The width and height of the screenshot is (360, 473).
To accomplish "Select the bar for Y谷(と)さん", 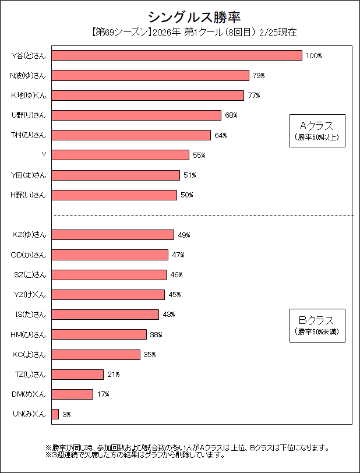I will click(x=177, y=55).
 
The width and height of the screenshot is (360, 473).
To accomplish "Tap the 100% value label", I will click(x=313, y=56).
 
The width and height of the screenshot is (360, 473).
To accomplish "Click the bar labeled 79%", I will click(x=150, y=75).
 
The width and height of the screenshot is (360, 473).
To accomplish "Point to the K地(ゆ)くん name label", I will click(x=29, y=95).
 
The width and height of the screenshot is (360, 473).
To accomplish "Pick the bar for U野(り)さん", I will click(x=136, y=115).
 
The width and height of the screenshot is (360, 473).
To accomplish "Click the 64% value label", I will click(x=220, y=135).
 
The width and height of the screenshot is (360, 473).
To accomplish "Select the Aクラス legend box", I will click(x=317, y=130).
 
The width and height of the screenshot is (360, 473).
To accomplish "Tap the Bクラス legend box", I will click(x=317, y=324).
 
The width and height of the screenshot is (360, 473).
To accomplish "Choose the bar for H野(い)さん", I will click(x=114, y=195).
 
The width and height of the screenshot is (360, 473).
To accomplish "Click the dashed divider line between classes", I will click(x=204, y=216).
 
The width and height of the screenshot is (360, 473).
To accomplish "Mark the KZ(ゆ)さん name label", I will click(x=29, y=235).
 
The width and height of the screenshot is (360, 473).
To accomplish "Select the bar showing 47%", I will click(x=110, y=255).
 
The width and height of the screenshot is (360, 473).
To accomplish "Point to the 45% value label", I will click(x=174, y=295).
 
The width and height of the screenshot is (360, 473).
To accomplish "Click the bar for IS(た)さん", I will click(x=105, y=315).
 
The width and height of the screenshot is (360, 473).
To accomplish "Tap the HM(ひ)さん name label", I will click(x=29, y=334).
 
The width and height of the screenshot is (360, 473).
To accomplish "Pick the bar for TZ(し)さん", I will click(x=77, y=374).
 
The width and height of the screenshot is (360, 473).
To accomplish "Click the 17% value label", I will click(x=103, y=394).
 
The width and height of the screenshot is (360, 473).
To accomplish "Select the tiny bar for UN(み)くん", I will click(x=55, y=414).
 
